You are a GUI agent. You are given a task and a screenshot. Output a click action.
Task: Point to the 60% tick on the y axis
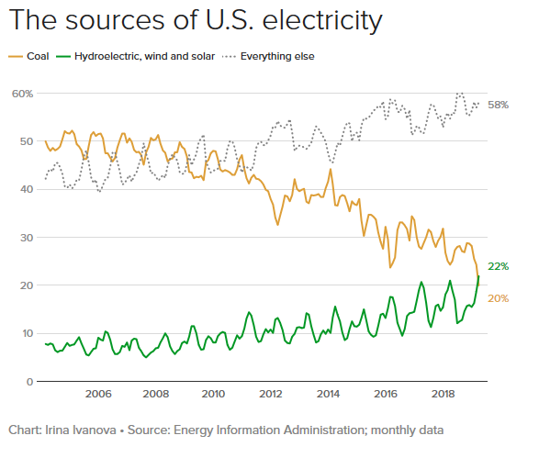click(x=22, y=94)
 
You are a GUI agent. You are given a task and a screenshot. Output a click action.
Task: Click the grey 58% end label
click(x=499, y=105)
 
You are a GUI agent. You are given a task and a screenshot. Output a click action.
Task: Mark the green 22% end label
click(x=499, y=266)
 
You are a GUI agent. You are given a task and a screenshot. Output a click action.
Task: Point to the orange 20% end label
click(x=499, y=298)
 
